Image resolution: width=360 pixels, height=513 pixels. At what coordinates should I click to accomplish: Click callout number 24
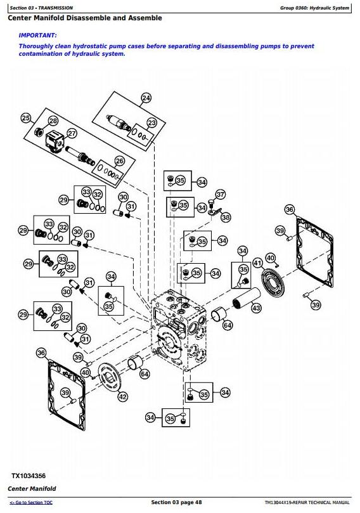click(146, 98)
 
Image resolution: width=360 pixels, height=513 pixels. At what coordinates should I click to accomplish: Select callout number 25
click(26, 118)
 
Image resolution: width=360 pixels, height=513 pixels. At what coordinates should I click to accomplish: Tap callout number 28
click(53, 121)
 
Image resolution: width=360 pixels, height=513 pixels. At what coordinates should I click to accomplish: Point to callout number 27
click(72, 134)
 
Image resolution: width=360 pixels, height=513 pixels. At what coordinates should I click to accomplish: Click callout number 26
click(120, 161)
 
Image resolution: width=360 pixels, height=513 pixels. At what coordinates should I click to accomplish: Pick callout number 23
click(152, 122)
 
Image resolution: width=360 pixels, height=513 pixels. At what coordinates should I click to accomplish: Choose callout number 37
click(221, 194)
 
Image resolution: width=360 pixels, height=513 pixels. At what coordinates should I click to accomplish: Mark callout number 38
click(226, 217)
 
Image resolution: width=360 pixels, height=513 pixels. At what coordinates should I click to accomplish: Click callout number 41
click(258, 263)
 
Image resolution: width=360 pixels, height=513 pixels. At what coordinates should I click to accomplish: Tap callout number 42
click(122, 397)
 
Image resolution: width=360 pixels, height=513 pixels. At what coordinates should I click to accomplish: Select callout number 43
click(256, 308)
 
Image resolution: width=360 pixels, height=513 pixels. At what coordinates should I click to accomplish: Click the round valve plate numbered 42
click(110, 379)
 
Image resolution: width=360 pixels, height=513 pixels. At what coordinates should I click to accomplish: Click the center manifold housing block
click(179, 330)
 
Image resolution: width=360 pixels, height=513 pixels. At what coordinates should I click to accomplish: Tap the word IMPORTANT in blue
click(37, 36)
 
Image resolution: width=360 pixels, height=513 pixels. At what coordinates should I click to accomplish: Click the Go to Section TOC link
click(31, 502)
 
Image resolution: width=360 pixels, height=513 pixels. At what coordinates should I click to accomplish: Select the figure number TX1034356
click(29, 476)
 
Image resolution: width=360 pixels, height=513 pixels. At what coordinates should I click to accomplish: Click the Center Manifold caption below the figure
click(32, 489)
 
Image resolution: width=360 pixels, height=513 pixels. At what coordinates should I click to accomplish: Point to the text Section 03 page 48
click(176, 502)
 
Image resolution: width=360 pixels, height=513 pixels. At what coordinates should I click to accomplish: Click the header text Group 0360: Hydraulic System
click(314, 8)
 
